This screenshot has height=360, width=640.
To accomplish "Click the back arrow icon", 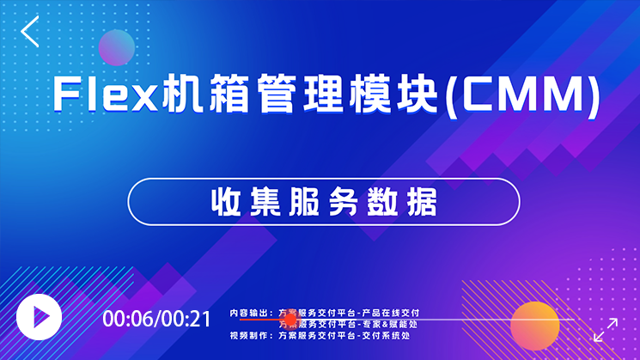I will point(31,32).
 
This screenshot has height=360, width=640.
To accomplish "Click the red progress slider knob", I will point(290,320).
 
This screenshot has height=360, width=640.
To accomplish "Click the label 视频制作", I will point(249,335).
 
